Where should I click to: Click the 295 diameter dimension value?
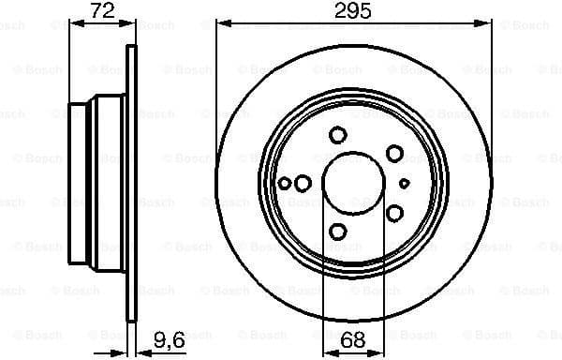[x=354, y=12]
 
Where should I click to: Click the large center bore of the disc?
[x=352, y=182]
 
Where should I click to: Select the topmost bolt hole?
[x=338, y=135]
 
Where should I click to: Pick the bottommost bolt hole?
[x=338, y=231]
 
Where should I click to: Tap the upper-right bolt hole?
[x=395, y=153]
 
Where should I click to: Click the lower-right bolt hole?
[x=395, y=214]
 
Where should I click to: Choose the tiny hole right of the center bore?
[x=405, y=183]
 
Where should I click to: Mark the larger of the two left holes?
[x=303, y=183]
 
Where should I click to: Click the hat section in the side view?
[x=94, y=182]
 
